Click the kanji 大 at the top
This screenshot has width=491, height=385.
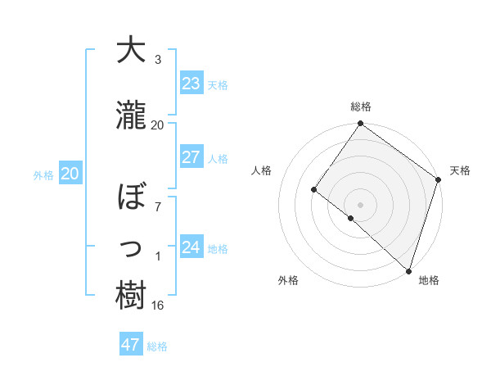[132, 51]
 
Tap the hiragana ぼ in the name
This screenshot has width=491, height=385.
[132, 196]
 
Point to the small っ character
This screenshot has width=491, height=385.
[132, 247]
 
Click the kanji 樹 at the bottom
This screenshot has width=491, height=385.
[132, 296]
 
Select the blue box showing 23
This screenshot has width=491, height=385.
[191, 84]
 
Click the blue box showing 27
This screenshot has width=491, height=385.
[191, 157]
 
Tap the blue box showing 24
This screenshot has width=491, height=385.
[191, 247]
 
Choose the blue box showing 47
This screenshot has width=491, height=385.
[131, 345]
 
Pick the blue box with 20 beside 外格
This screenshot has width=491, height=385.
[70, 174]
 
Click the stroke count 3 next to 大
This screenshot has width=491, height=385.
[157, 60]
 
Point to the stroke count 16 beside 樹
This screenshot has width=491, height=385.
[157, 306]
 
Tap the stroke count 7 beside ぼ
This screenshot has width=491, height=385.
[157, 206]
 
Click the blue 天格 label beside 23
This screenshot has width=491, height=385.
[218, 85]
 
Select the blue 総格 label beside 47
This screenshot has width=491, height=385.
[157, 346]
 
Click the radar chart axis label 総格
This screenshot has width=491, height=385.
[361, 106]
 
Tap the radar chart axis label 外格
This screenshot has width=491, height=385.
[288, 280]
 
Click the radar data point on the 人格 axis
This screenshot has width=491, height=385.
[313, 189]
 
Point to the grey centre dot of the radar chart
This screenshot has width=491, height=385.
[360, 204]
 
